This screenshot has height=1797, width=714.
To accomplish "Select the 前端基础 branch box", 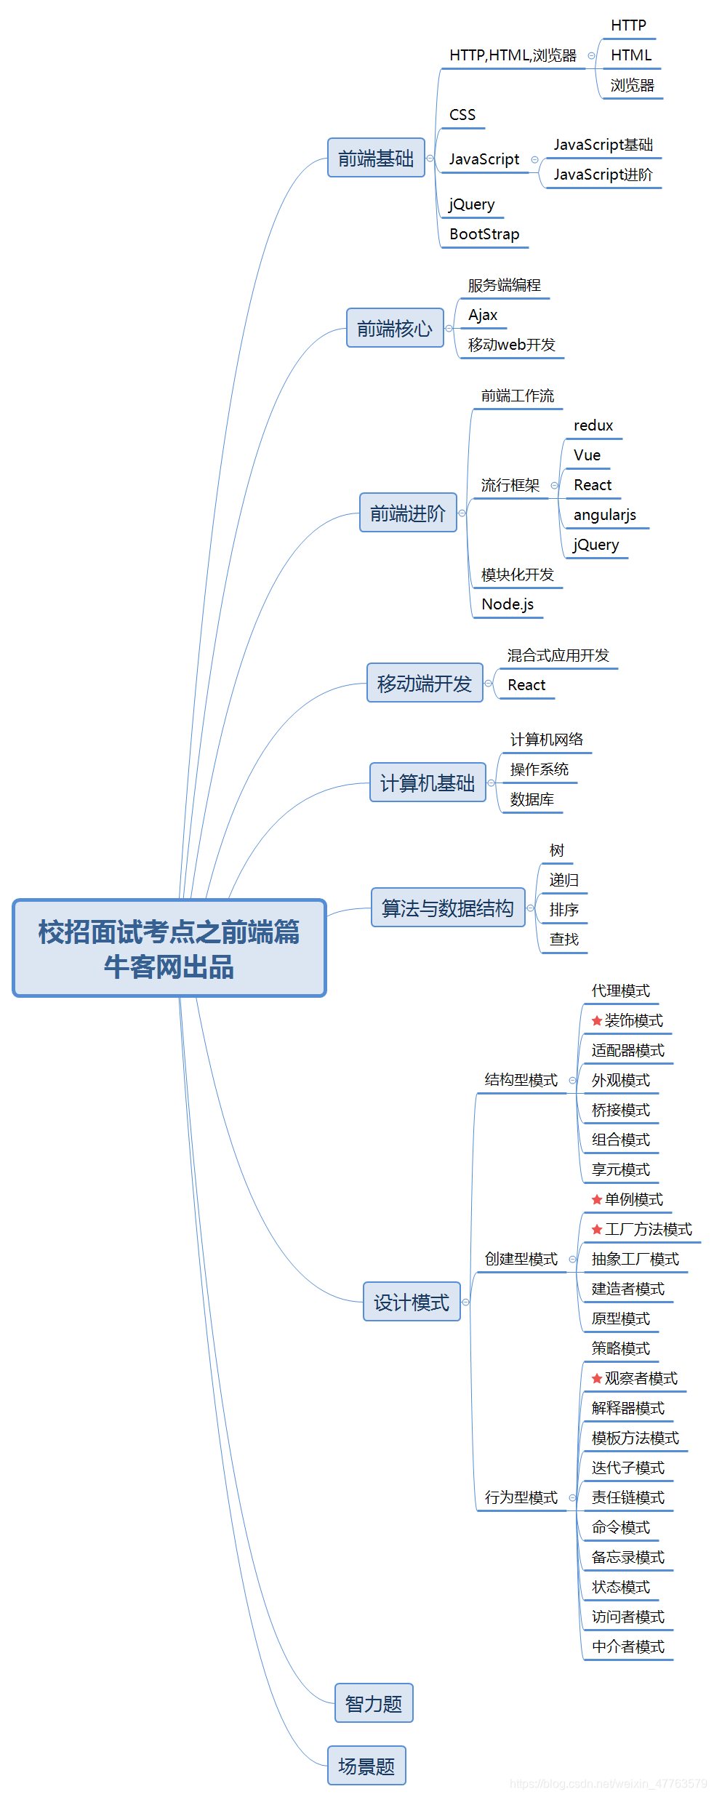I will (376, 158).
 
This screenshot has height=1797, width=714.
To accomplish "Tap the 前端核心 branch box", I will (395, 328).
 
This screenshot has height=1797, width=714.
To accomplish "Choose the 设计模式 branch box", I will (412, 1302).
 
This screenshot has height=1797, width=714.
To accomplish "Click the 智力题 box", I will (374, 1703).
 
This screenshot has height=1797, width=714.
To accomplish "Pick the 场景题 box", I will (366, 1766).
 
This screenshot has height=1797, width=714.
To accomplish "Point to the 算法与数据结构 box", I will (448, 908).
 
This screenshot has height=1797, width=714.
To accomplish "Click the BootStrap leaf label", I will (484, 234).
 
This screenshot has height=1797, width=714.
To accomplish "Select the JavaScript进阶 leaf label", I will (603, 175).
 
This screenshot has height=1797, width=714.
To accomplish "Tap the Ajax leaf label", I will (483, 315).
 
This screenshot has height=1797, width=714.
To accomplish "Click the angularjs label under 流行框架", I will (604, 515).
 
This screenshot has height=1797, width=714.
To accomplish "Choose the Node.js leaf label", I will (508, 604).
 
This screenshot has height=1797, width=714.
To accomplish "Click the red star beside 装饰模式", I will (597, 1020).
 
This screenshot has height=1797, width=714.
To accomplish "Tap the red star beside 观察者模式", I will (597, 1378).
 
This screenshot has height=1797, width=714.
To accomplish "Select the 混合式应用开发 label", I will (558, 655).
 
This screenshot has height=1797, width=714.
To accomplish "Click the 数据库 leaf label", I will (532, 799).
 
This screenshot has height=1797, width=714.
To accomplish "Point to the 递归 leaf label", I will (563, 880).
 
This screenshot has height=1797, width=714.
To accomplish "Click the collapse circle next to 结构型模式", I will (572, 1080).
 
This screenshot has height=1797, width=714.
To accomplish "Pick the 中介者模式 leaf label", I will (627, 1646).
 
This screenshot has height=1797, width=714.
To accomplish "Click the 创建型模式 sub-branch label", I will (521, 1259).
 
